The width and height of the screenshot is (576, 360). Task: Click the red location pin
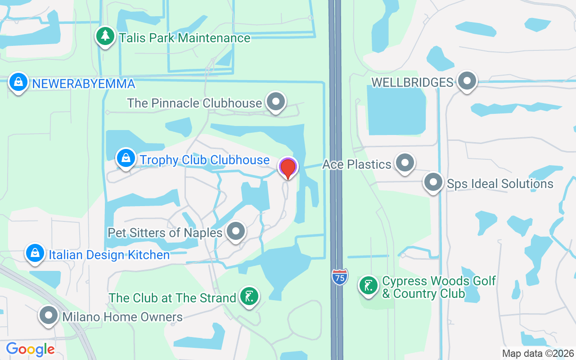pyautogui.click(x=288, y=168)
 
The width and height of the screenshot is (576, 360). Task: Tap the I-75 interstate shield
pyautogui.click(x=340, y=277)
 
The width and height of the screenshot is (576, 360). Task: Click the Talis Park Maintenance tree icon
pyautogui.click(x=105, y=36)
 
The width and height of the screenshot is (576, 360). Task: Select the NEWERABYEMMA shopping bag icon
pyautogui.click(x=18, y=82)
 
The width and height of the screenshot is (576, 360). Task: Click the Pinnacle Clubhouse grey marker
pyautogui.click(x=275, y=102)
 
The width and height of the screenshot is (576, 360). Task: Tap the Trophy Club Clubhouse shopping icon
pyautogui.click(x=126, y=158)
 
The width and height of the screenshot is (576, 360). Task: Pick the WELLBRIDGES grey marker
pyautogui.click(x=467, y=81)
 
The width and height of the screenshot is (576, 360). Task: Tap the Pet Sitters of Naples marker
pyautogui.click(x=235, y=231)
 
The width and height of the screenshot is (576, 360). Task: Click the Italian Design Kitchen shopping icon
pyautogui.click(x=35, y=253)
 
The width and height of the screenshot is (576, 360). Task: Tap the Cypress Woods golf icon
pyautogui.click(x=369, y=286)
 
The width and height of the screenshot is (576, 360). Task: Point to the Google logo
pyautogui.click(x=30, y=349)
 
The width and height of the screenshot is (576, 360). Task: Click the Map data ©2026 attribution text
pyautogui.click(x=538, y=353)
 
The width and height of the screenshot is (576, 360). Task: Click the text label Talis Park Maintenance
pyautogui.click(x=184, y=38)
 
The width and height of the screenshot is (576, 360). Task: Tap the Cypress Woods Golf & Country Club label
pyautogui.click(x=438, y=288)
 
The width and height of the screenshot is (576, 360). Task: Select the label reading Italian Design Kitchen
pyautogui.click(x=109, y=255)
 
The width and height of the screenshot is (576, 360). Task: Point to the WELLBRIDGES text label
pyautogui.click(x=412, y=82)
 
